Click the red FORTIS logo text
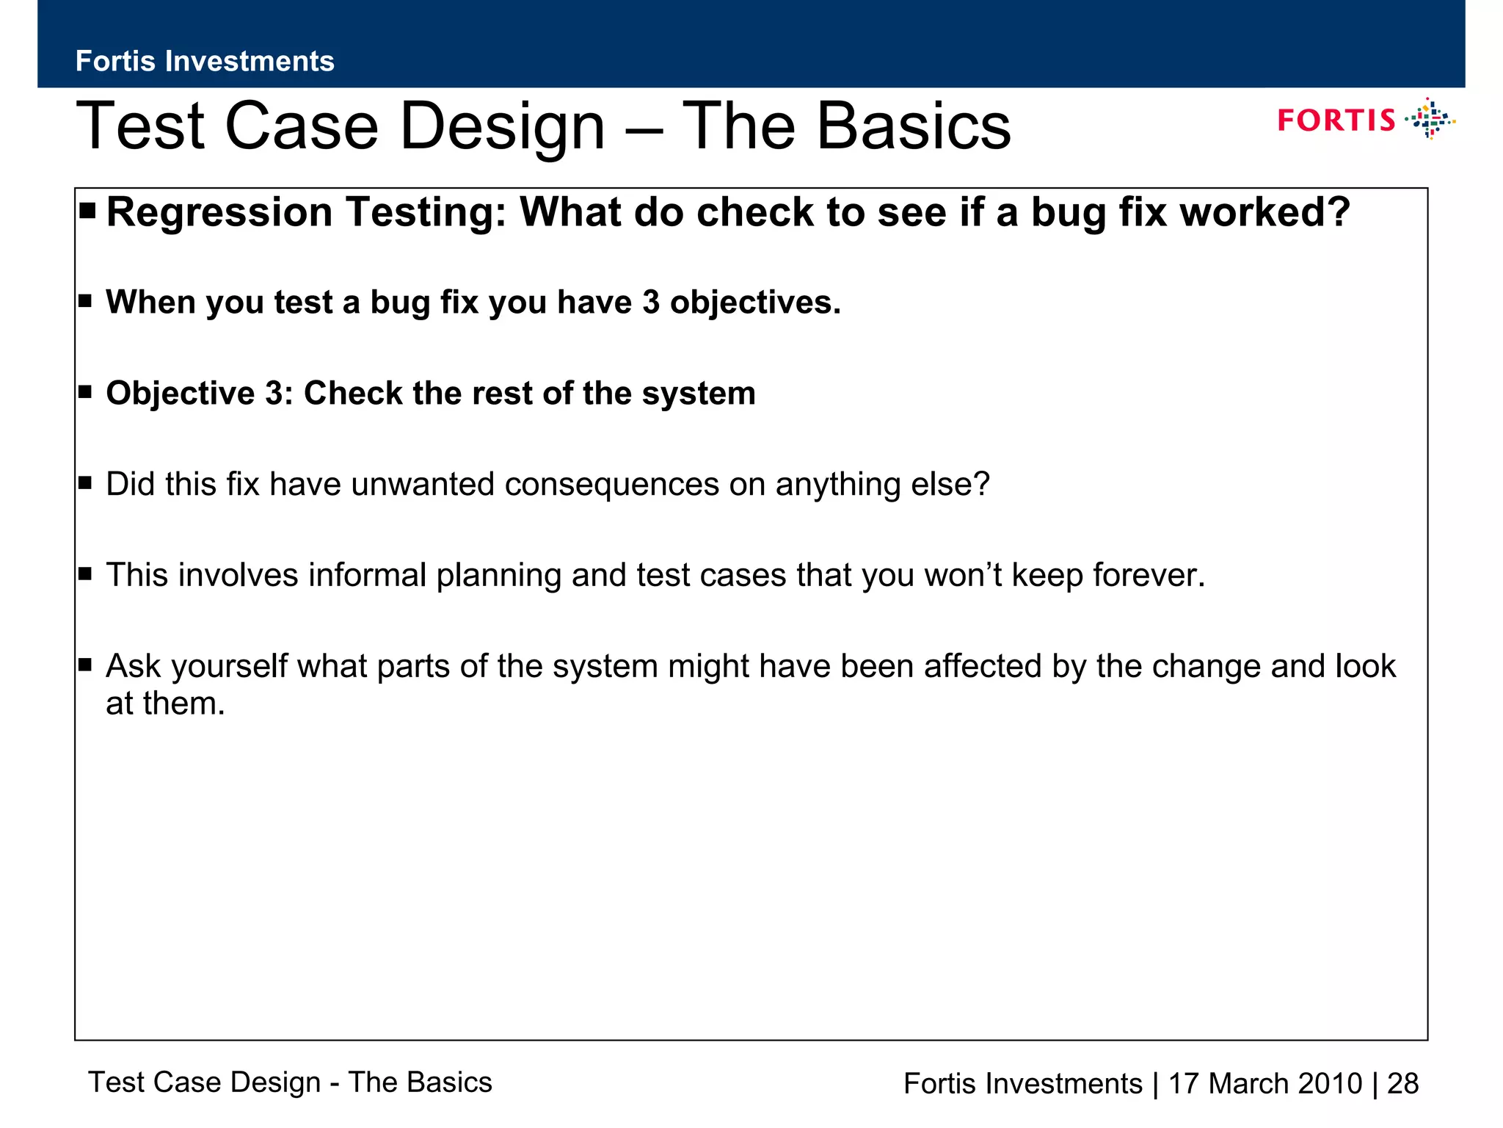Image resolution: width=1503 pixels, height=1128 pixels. point(1336,120)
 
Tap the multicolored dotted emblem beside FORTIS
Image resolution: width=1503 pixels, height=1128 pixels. point(1430,119)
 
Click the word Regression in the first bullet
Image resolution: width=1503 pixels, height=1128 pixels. point(220,213)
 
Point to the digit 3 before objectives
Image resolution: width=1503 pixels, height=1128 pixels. point(651,303)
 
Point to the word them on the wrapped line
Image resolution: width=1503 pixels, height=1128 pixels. point(183,704)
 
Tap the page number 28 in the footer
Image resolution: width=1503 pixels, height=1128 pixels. point(1402,1084)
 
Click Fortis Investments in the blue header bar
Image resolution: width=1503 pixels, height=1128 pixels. point(205,62)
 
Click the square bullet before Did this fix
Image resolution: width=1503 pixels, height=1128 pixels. point(85,482)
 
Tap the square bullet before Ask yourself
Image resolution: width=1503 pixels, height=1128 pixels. point(85,665)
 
